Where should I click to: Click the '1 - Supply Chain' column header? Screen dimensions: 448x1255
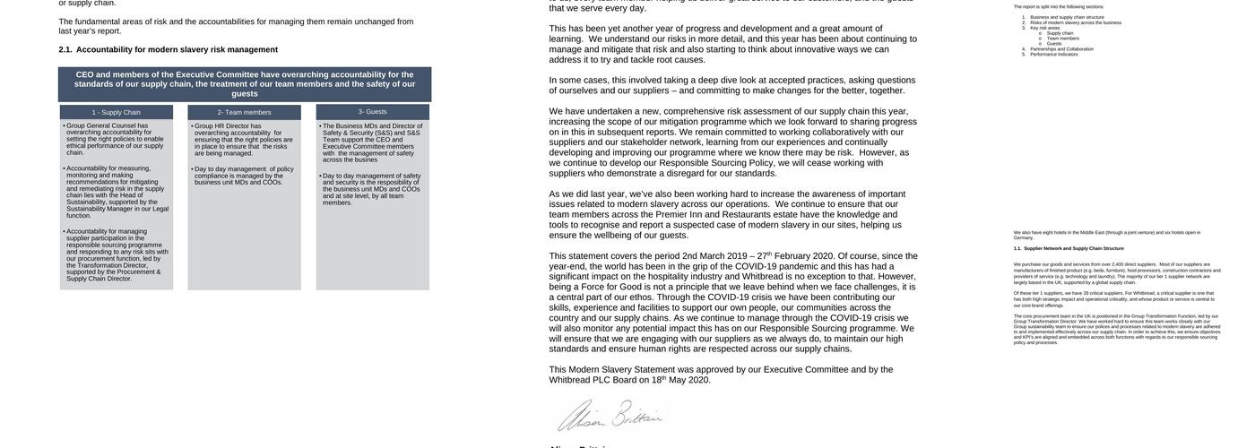pyautogui.click(x=116, y=112)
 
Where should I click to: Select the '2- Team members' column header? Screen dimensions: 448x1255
pyautogui.click(x=244, y=112)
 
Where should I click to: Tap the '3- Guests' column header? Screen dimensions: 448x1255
pyautogui.click(x=373, y=111)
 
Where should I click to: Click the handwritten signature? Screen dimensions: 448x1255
pyautogui.click(x=610, y=417)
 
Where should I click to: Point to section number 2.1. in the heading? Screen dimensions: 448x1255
pyautogui.click(x=65, y=49)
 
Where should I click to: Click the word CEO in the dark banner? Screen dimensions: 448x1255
pyautogui.click(x=85, y=74)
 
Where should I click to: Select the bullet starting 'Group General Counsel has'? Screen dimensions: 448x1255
pyautogui.click(x=115, y=139)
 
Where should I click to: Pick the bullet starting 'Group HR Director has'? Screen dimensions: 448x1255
pyautogui.click(x=243, y=140)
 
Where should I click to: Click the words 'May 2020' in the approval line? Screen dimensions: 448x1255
pyautogui.click(x=689, y=380)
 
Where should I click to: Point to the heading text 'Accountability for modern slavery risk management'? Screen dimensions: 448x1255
pyautogui.click(x=177, y=49)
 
